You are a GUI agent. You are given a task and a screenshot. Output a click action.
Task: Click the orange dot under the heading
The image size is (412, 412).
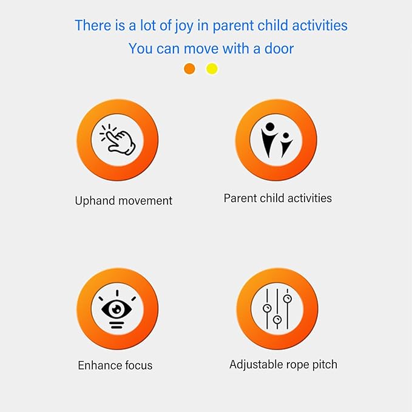[x=189, y=69]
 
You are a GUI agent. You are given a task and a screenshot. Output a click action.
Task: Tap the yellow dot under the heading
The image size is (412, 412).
[x=212, y=69]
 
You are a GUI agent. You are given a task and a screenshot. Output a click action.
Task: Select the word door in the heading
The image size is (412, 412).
[x=279, y=49]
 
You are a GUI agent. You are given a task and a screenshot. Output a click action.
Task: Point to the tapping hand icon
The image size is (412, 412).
[x=118, y=140]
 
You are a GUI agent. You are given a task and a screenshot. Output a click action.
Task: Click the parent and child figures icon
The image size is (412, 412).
[x=277, y=140]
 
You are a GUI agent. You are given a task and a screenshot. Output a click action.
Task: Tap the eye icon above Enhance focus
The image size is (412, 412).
[x=117, y=309]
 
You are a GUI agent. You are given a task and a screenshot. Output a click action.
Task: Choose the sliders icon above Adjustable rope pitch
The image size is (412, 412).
[x=277, y=309]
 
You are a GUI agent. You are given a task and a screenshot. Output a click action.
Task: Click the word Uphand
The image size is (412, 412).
[x=95, y=201]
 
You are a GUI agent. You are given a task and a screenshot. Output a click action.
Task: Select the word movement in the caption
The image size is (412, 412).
[x=145, y=201]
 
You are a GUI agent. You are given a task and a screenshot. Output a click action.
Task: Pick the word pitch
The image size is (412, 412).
[x=325, y=365]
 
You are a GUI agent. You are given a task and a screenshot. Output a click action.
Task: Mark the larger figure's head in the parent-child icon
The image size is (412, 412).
[x=270, y=127]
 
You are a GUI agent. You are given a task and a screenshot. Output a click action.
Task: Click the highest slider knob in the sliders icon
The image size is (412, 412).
[x=288, y=299]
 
